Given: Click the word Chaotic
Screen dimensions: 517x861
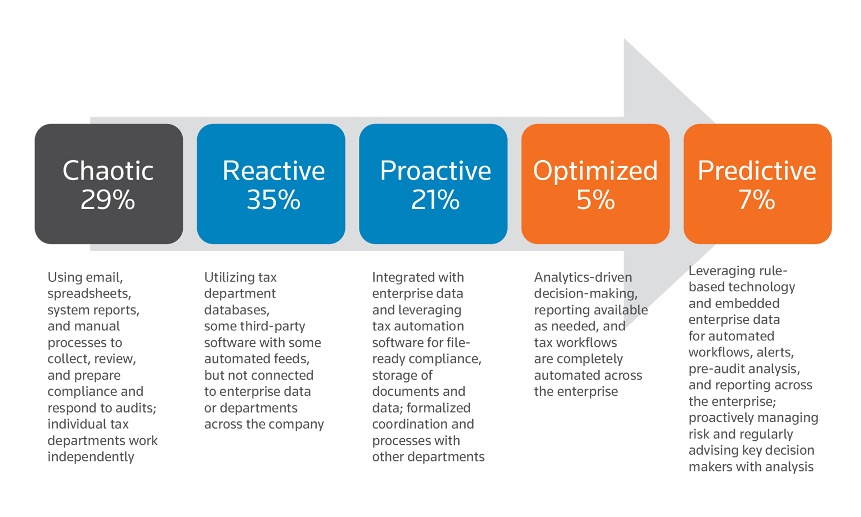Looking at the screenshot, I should (108, 171).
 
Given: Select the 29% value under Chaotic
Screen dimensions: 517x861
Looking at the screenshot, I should (108, 200).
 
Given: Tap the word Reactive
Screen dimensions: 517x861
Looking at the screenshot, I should (273, 171).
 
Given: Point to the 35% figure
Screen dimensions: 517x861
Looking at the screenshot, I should (273, 200).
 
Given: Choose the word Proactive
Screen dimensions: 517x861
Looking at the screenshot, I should (435, 171).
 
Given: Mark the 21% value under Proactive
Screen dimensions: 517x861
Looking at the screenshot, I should (435, 200).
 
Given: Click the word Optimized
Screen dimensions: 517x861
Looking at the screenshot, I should (595, 171).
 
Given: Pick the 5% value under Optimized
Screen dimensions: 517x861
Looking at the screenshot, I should (595, 200).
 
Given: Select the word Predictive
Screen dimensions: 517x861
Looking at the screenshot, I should (757, 171).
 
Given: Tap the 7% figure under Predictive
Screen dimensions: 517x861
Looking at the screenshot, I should (757, 200).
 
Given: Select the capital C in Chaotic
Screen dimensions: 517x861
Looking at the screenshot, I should (71, 171).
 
